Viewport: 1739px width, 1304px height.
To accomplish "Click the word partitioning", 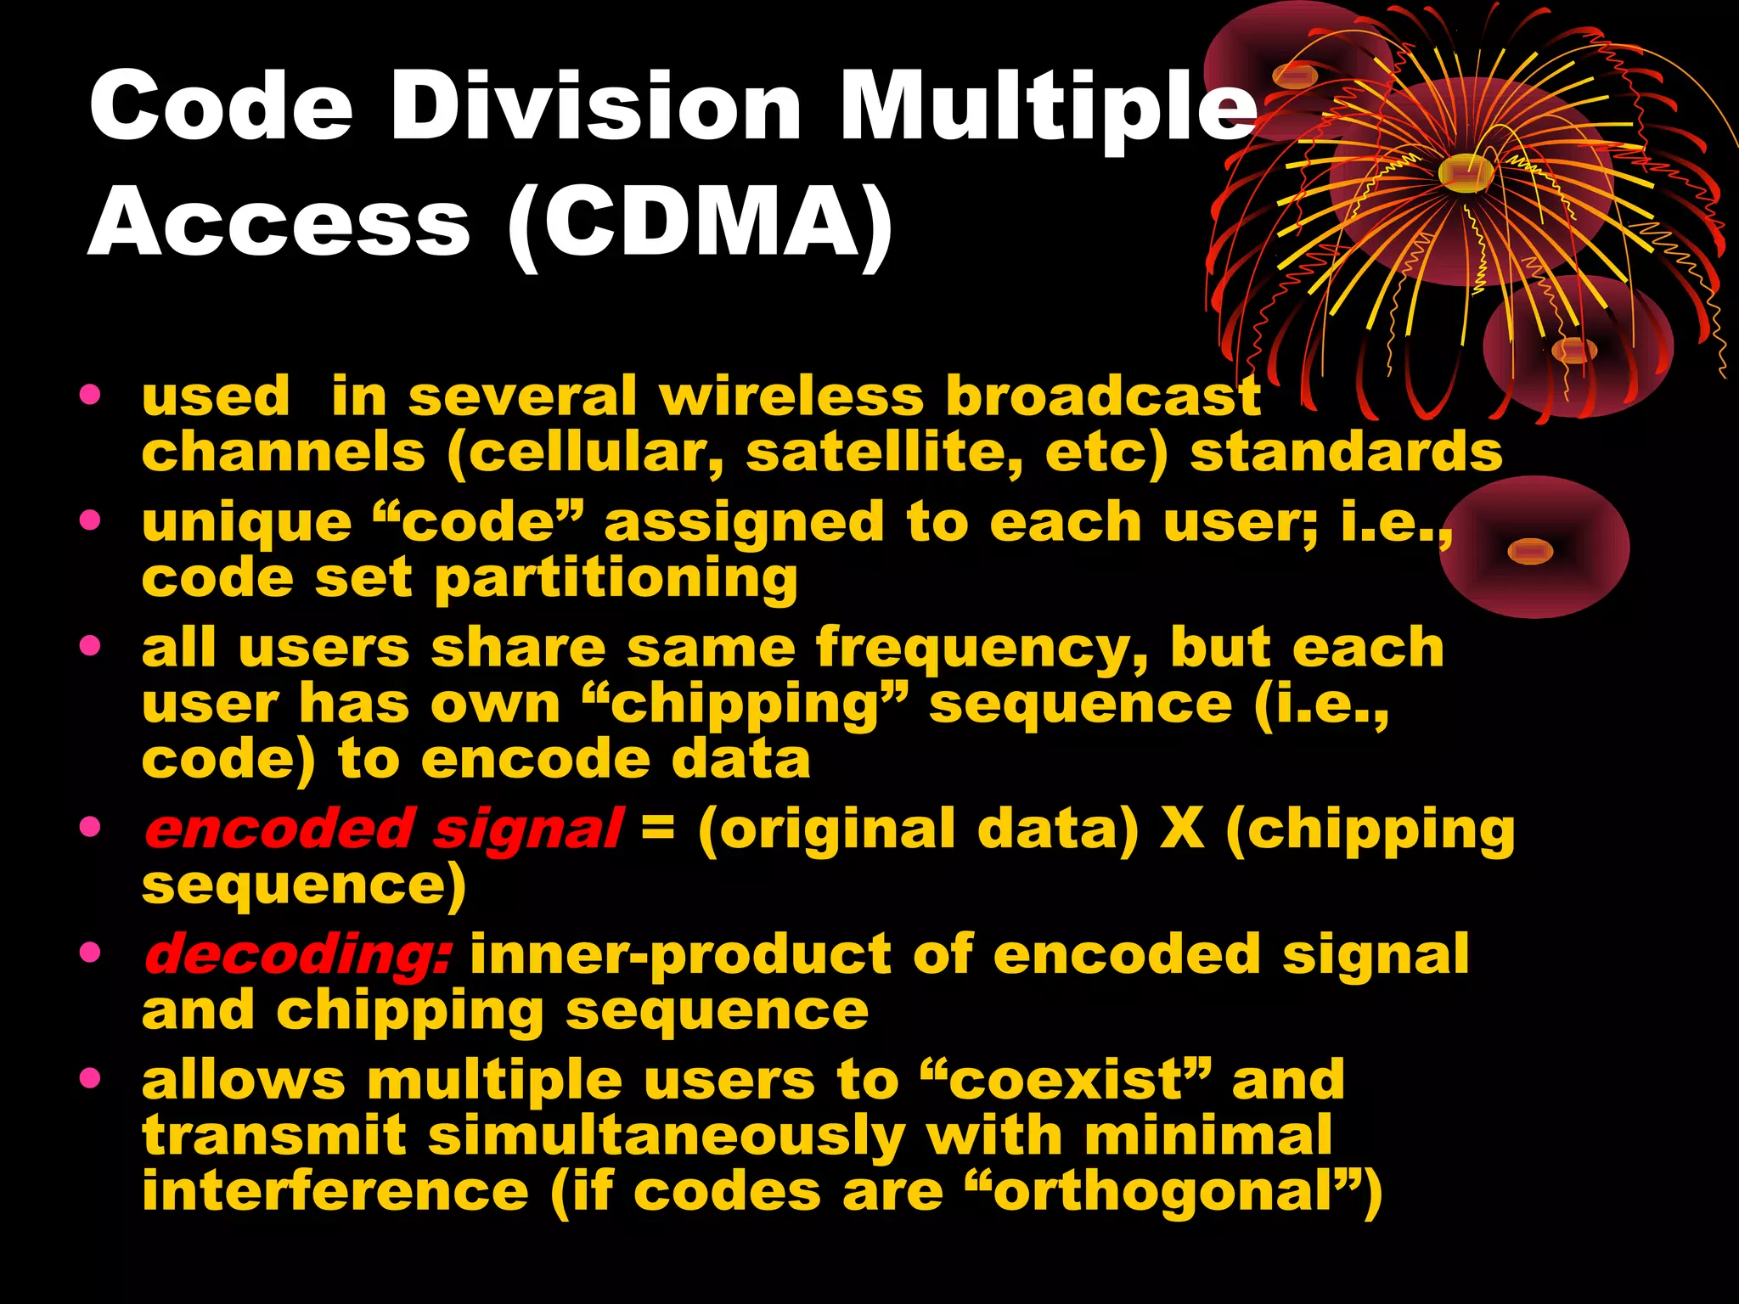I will tap(616, 581).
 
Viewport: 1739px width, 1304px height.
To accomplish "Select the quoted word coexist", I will tap(1065, 1081).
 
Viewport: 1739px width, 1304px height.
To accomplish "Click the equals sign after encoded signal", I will tap(658, 828).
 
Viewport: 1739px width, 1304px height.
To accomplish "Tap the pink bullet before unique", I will tap(90, 520).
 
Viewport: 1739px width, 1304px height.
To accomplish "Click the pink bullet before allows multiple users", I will tap(90, 1079).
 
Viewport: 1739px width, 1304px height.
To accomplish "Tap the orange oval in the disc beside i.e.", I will tap(1529, 552).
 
